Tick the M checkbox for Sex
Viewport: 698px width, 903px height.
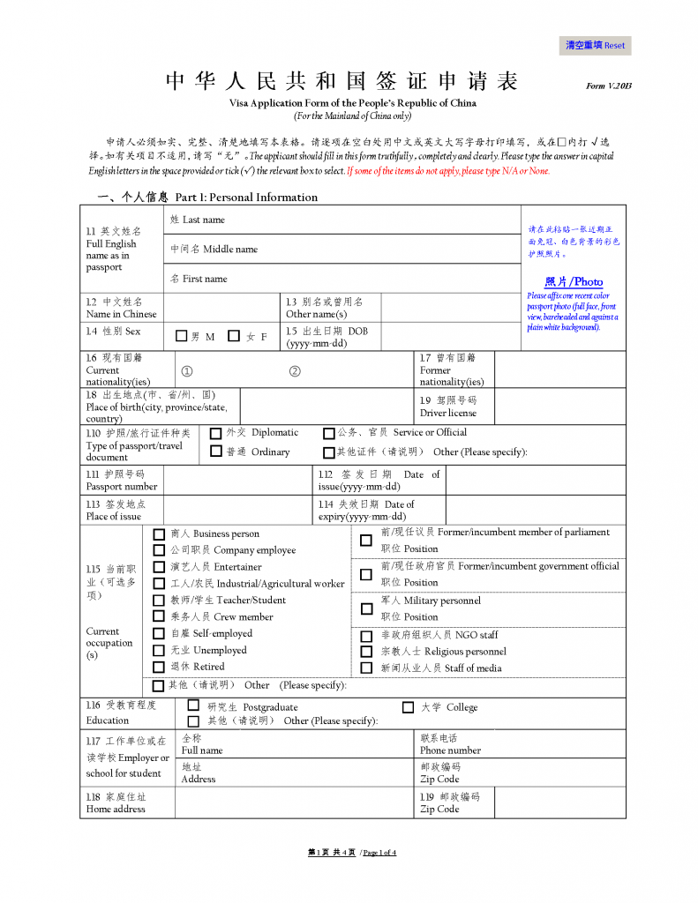tap(182, 336)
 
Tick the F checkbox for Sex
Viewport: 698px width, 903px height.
tap(234, 336)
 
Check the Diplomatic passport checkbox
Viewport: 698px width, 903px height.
tap(216, 433)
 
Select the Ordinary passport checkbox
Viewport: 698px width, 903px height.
tap(216, 451)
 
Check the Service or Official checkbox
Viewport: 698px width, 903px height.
tap(329, 433)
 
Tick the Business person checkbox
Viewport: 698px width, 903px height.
tap(159, 534)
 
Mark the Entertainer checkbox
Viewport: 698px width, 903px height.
tap(159, 567)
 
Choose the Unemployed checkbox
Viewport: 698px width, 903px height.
tap(159, 651)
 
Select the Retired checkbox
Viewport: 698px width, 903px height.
tap(159, 668)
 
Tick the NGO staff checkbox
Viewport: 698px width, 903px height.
tap(366, 635)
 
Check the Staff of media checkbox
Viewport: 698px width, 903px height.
tap(366, 668)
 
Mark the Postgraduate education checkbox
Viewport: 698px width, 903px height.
tap(193, 706)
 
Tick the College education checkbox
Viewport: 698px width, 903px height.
tap(408, 707)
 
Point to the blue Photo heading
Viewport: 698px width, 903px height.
tap(574, 281)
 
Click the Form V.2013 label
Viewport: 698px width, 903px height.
tap(609, 86)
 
